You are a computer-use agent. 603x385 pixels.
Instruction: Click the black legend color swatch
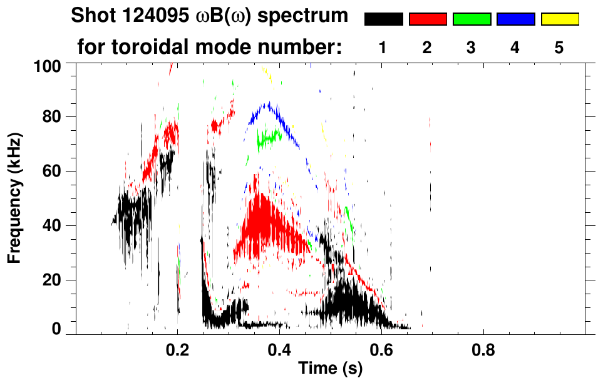coord(383,19)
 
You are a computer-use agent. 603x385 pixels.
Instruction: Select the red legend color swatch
coord(428,19)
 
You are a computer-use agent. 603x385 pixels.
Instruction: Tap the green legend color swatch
coord(472,19)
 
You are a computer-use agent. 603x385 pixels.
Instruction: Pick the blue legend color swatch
coord(515,19)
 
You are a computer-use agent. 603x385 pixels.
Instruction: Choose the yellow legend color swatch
coord(560,19)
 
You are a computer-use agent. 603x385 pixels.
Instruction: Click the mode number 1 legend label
coord(383,48)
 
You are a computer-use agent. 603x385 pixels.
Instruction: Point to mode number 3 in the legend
coord(472,48)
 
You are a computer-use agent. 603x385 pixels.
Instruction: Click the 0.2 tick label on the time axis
coord(178,348)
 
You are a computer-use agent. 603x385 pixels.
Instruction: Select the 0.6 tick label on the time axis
coord(381,348)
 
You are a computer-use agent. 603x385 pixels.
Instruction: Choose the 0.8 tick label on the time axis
coord(482,348)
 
